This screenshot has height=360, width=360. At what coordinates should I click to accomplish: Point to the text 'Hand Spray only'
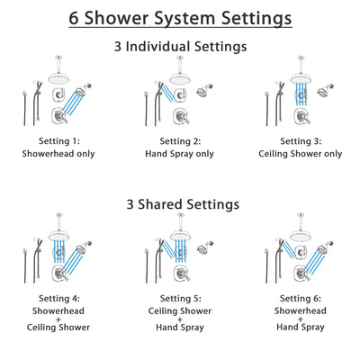coord(180,154)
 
